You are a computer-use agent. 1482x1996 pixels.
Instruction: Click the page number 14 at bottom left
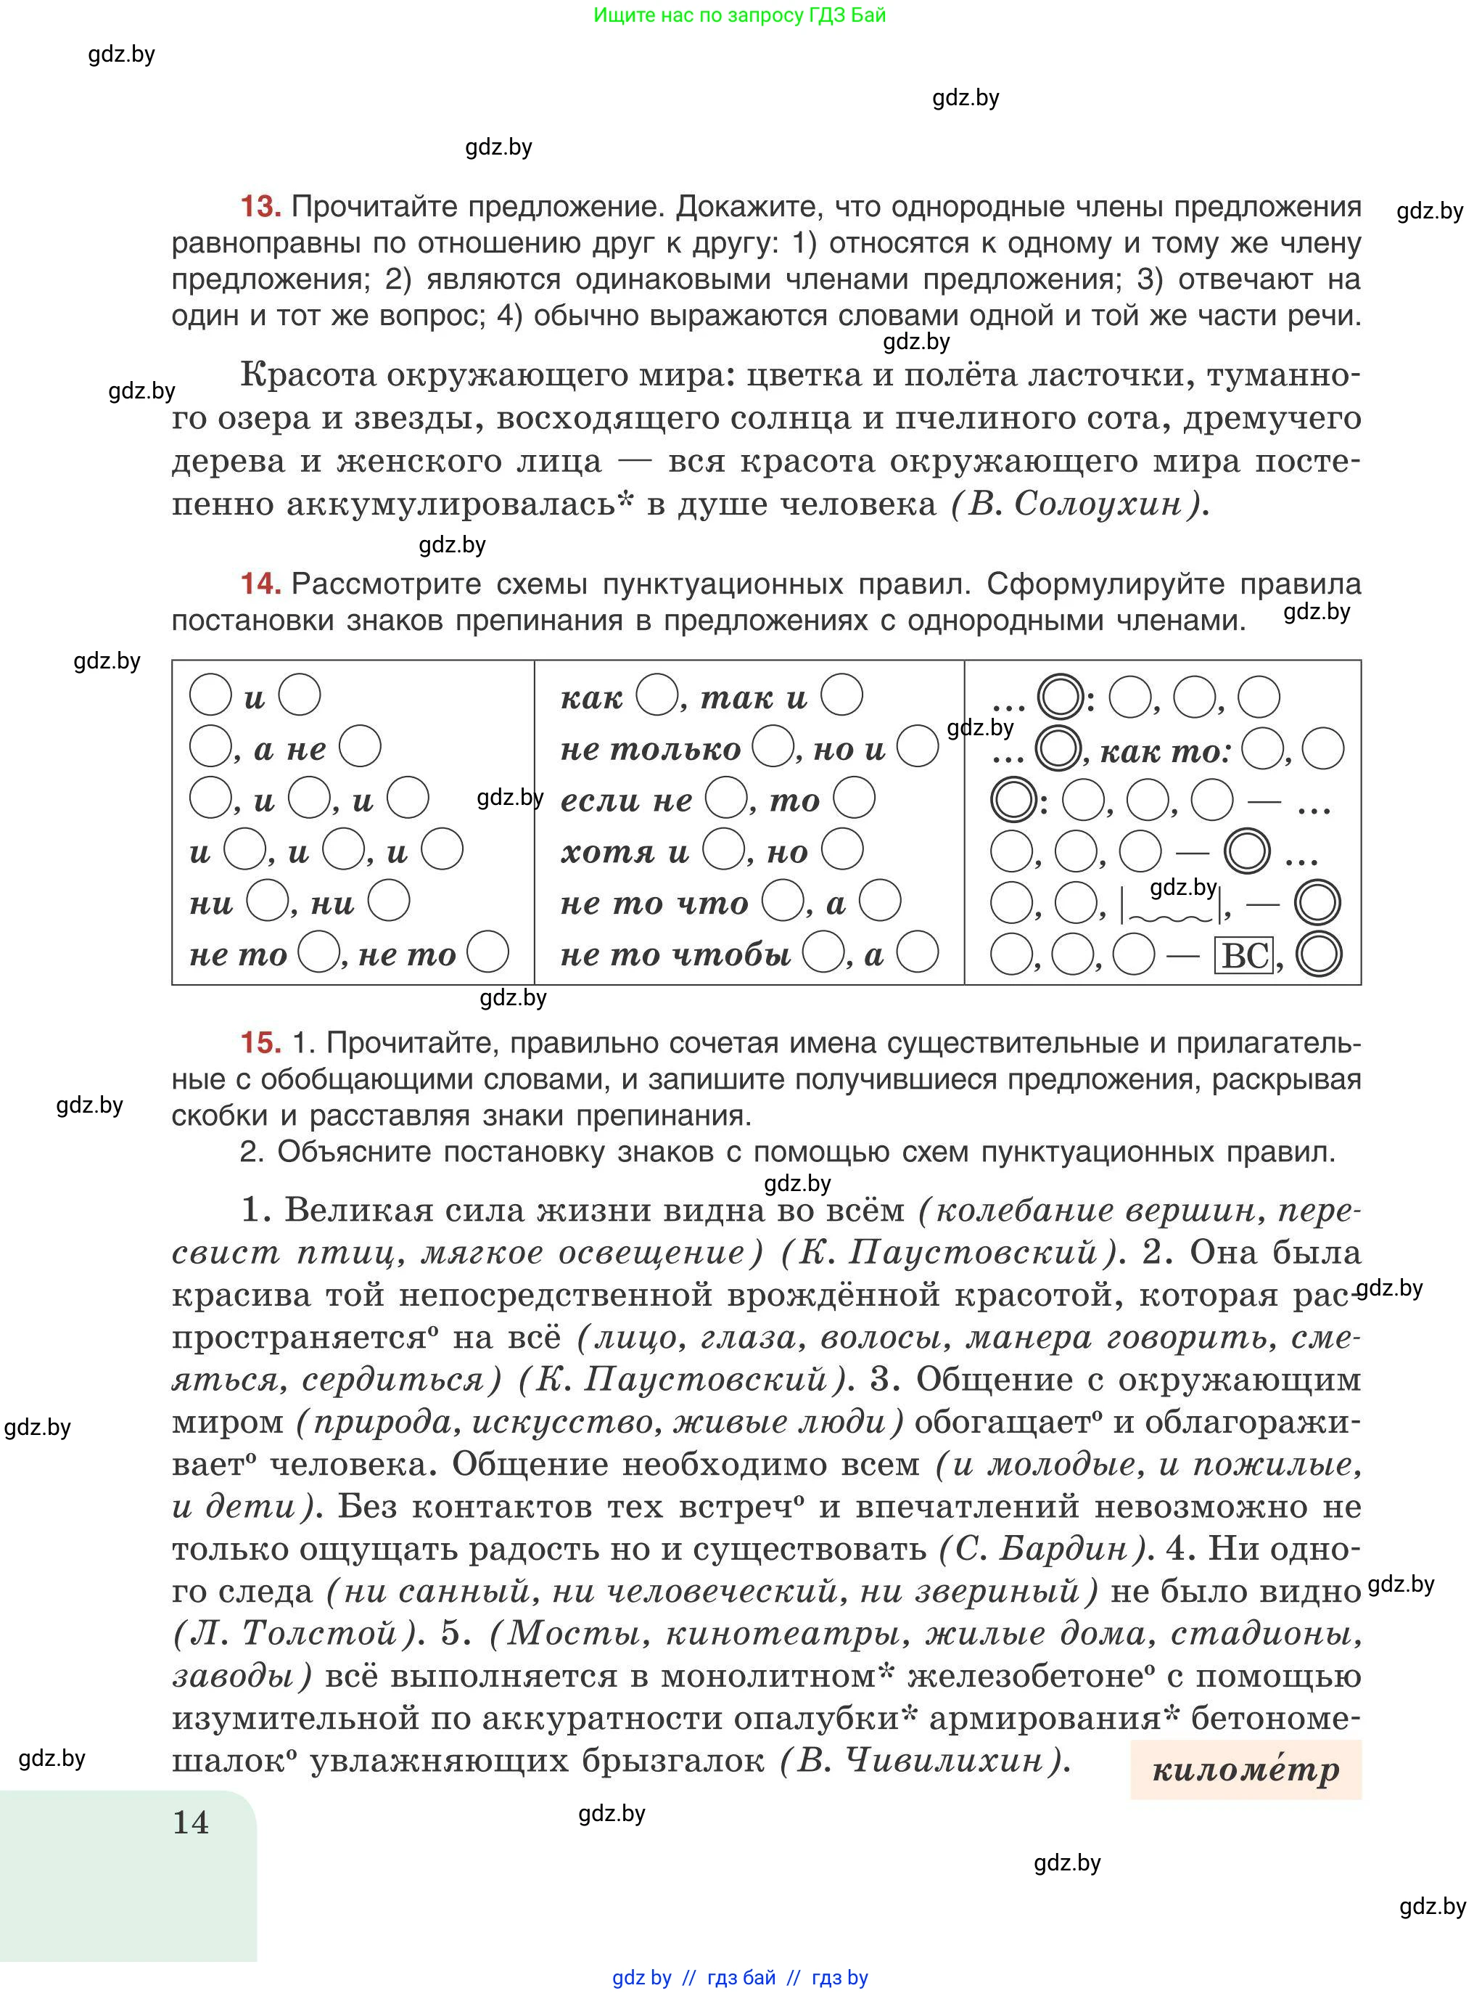pyautogui.click(x=190, y=1822)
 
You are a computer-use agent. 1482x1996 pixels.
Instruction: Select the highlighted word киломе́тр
pyautogui.click(x=1246, y=1769)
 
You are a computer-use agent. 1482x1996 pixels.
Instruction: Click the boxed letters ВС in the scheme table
pyautogui.click(x=1244, y=955)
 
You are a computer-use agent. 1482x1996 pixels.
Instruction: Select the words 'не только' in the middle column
pyautogui.click(x=651, y=748)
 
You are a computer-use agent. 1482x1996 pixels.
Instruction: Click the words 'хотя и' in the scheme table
pyautogui.click(x=625, y=851)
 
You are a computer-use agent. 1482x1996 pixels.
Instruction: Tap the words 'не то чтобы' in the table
pyautogui.click(x=675, y=954)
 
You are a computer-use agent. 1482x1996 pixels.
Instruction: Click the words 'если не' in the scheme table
pyautogui.click(x=626, y=800)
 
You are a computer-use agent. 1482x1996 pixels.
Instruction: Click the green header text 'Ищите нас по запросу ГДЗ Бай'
pyautogui.click(x=739, y=15)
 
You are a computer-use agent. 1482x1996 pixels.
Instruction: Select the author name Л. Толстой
pyautogui.click(x=296, y=1632)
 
